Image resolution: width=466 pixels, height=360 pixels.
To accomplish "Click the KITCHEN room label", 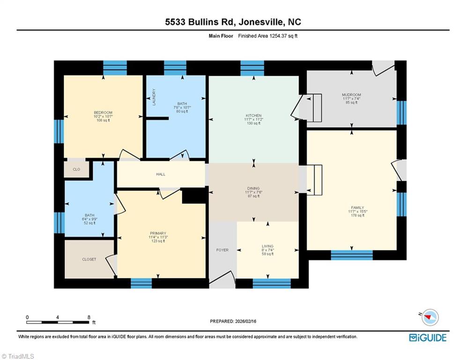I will (x=253, y=115).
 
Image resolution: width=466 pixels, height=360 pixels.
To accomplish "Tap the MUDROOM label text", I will (x=351, y=95).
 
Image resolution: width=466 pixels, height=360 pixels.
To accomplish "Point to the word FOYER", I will (x=222, y=250).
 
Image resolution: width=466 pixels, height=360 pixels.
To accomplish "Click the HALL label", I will (x=161, y=174).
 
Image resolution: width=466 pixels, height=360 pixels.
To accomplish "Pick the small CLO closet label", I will (x=76, y=169).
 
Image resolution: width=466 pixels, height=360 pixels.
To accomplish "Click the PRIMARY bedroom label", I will (x=158, y=233).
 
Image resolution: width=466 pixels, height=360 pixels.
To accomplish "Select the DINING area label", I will (x=253, y=188).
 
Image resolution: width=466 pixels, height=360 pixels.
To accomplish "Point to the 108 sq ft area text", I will (x=103, y=120).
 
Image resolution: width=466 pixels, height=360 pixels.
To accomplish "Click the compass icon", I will (x=429, y=318).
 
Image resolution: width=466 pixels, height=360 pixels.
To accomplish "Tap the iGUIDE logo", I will (x=427, y=337).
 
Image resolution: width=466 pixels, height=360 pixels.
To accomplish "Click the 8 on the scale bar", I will (x=89, y=317).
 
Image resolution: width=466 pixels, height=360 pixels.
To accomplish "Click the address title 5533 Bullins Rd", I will (x=233, y=22).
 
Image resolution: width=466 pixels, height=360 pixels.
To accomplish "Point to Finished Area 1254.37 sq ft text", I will (x=267, y=36).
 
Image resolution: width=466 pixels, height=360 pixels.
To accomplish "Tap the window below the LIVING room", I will (x=272, y=283).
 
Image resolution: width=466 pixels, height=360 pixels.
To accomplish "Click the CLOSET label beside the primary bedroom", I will (x=89, y=259).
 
